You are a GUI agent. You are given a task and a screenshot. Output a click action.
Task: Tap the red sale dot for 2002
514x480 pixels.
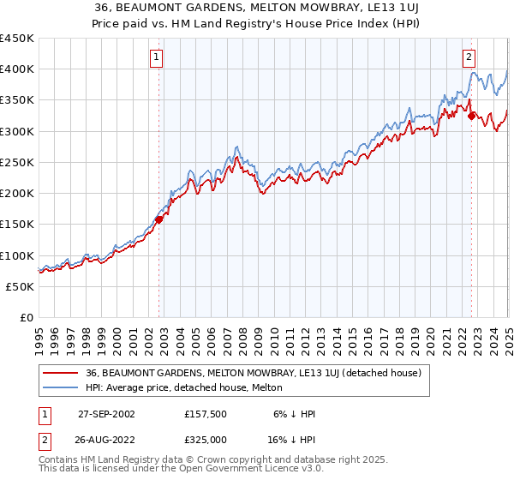tap(159, 219)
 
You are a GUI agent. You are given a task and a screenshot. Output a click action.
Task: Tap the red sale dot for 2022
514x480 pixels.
tap(472, 116)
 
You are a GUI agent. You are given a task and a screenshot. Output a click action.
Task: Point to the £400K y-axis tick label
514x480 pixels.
tap(17, 69)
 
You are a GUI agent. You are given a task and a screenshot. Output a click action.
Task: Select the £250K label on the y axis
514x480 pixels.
tap(17, 162)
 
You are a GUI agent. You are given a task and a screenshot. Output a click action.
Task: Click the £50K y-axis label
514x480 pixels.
tap(21, 286)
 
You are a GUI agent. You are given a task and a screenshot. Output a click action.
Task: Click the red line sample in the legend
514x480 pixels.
tap(60, 374)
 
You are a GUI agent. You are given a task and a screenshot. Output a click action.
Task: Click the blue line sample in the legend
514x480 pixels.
tap(60, 389)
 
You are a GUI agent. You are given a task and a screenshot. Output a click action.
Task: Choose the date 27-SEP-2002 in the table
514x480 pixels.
tap(106, 414)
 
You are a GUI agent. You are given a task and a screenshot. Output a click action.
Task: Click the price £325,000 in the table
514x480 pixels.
tap(206, 439)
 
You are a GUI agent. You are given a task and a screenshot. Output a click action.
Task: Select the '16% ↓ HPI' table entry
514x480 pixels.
tap(291, 439)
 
